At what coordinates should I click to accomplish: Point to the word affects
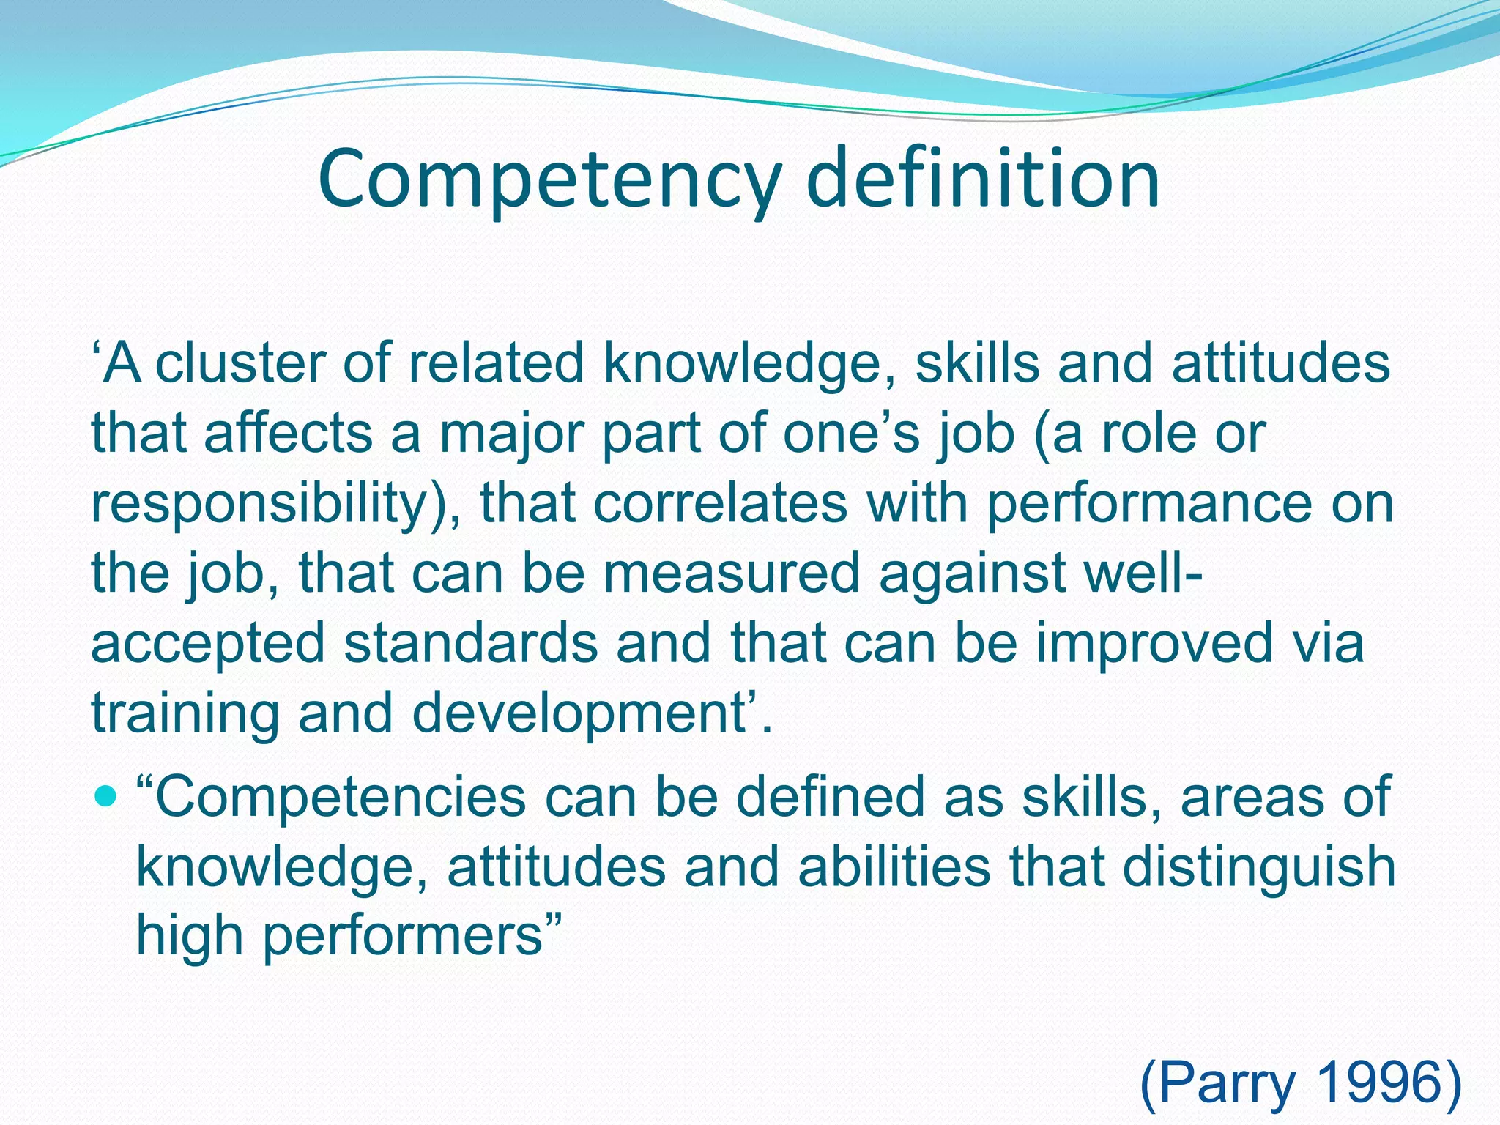coord(289,434)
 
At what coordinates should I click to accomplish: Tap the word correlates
coord(720,504)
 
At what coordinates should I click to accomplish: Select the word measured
coord(731,573)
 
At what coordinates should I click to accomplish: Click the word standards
coord(471,643)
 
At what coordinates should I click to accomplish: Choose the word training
coord(185,713)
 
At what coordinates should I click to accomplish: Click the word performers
coord(402,937)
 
